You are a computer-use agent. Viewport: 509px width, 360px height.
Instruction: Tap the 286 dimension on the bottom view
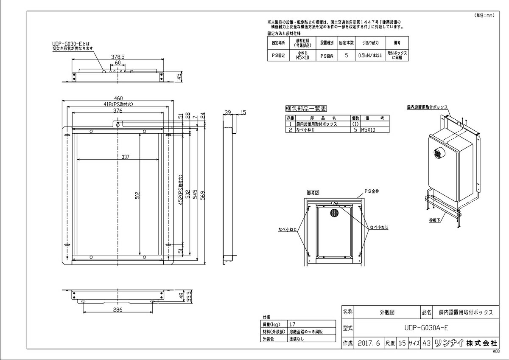point(117,310)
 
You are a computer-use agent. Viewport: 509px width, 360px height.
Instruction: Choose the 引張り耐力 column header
point(370,43)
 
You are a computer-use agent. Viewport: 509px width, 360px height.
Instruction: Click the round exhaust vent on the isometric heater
point(438,153)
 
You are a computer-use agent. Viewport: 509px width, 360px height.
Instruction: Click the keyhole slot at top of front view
point(117,124)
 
